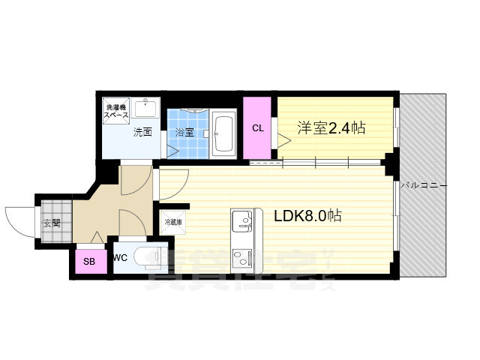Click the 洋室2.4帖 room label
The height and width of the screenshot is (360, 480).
[x=330, y=128]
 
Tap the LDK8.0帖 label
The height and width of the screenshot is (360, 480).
[x=308, y=216]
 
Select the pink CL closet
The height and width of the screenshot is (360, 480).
[x=258, y=128]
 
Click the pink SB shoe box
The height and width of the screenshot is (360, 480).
[x=89, y=262]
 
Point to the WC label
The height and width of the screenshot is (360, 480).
[x=120, y=257]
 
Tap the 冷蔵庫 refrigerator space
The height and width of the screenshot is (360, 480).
[x=172, y=223]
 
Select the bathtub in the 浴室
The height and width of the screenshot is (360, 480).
[x=223, y=133]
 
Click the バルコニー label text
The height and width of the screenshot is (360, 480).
[x=424, y=184]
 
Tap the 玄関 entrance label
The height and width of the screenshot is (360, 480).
[x=51, y=222]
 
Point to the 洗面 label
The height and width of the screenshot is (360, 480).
[x=142, y=133]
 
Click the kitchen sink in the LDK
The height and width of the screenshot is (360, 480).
[x=242, y=220]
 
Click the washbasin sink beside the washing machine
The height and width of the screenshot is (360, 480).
[x=146, y=109]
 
